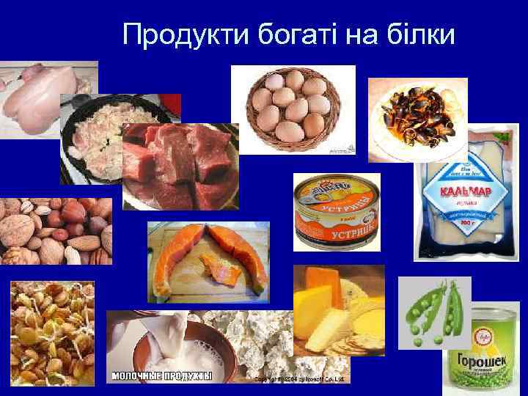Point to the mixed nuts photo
[55, 230]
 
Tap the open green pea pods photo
[434, 312]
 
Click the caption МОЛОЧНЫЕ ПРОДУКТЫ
[161, 376]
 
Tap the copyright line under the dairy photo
[301, 379]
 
